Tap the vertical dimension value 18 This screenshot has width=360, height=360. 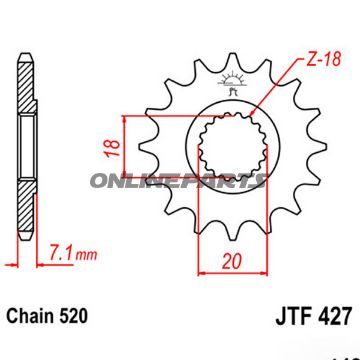pos(111,146)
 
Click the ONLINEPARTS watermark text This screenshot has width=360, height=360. pos(176,181)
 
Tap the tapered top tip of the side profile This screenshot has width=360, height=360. pos(23,50)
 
